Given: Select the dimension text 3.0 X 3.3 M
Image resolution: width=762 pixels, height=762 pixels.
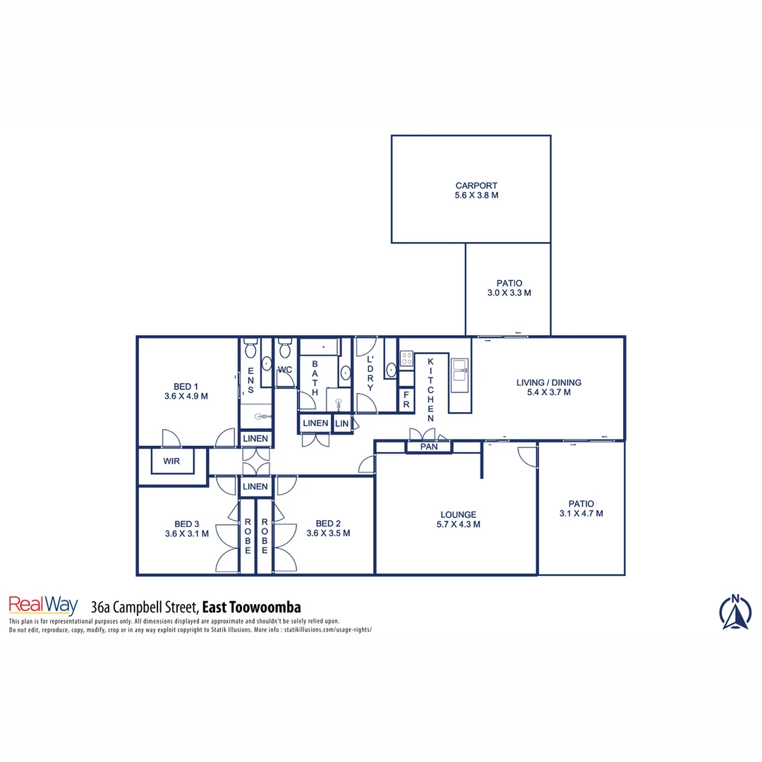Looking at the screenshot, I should coord(509,292).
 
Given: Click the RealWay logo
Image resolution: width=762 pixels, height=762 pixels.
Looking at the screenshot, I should coord(43,605).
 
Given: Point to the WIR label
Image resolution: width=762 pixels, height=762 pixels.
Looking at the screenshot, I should coord(171,461).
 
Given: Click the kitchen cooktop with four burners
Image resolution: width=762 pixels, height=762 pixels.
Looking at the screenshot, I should coord(406,358).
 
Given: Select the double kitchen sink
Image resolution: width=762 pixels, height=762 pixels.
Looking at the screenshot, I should coord(459,370).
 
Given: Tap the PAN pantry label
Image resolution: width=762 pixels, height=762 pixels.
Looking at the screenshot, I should coord(428,447).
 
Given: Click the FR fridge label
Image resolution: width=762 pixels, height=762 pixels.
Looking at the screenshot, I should coord(406,400).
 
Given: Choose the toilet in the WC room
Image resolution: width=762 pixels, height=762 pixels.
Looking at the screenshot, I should coord(284,349).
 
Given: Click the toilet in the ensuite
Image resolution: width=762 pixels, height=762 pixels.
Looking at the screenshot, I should coord(250,349).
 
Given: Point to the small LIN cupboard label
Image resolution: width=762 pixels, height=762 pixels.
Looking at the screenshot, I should coord(341,423).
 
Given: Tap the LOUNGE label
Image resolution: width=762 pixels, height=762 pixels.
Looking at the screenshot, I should coord(458,514).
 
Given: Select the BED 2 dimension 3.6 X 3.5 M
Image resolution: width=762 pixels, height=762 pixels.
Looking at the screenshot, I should coord(328,533).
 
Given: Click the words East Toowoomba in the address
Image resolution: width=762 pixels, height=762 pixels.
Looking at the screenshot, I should coord(251,607).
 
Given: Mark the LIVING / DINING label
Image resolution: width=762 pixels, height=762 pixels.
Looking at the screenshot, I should coord(548,382).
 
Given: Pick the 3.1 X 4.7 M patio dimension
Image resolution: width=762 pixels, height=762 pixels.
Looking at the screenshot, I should coord(581,514).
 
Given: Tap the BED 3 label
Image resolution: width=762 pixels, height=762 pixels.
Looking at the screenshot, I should coord(187,524).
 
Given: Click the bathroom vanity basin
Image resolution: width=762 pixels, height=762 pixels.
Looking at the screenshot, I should coord(346,372).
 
